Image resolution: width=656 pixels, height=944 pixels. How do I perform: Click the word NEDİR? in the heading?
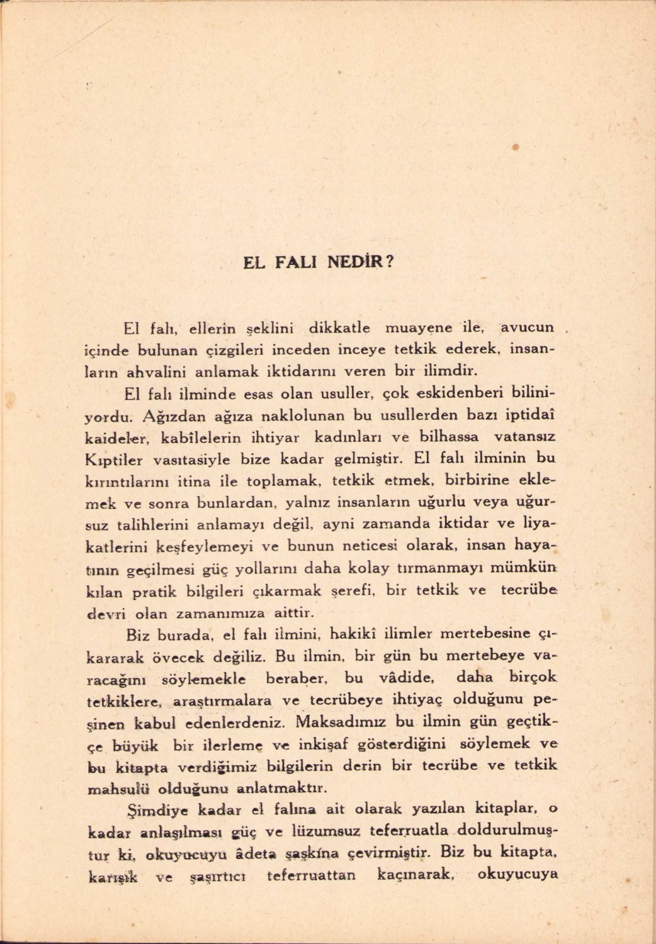362,261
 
